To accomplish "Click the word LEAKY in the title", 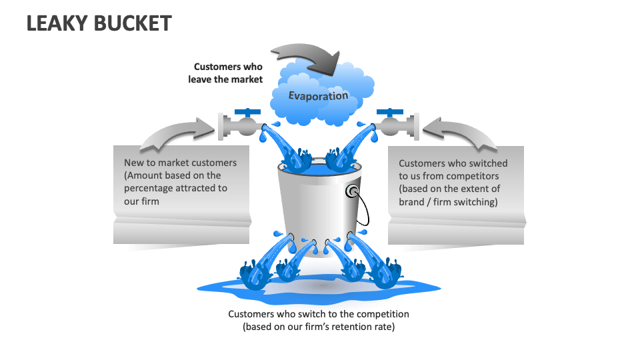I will click(55, 23).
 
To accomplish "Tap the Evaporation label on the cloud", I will click(318, 95).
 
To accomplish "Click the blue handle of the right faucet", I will click(390, 111).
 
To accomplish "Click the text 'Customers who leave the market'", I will click(228, 73).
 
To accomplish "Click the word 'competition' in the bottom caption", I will click(382, 313).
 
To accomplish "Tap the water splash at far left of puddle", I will click(254, 273).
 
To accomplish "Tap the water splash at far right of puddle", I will click(387, 273).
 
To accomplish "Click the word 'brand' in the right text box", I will click(413, 201).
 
